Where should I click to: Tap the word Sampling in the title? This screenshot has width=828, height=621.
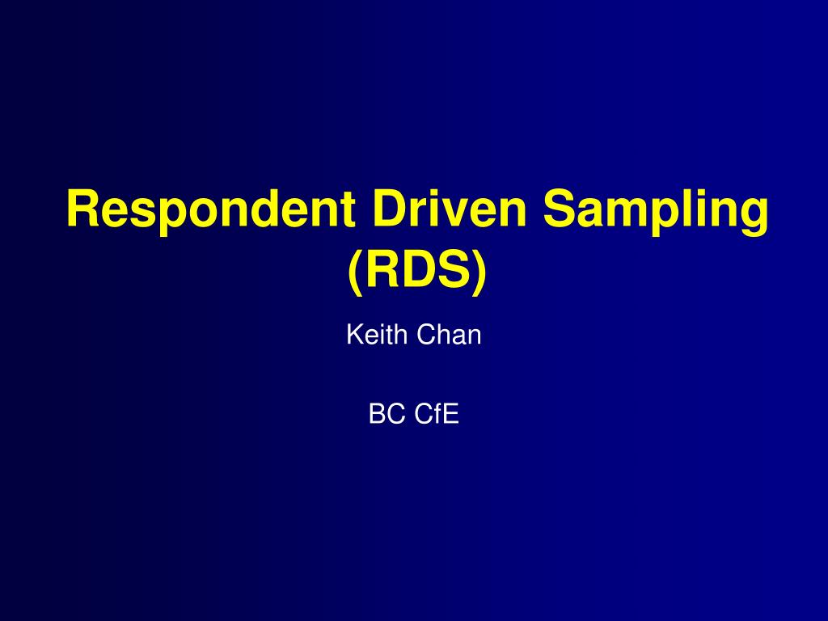point(656,211)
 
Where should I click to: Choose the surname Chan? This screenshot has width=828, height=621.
point(449,335)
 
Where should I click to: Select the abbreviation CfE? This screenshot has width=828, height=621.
point(437,413)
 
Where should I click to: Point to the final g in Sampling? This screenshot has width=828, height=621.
point(754,217)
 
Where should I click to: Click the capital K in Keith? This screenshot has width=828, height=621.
point(355,334)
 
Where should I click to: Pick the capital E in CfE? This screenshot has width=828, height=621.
point(451,413)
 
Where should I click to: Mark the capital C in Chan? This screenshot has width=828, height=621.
point(427,334)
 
